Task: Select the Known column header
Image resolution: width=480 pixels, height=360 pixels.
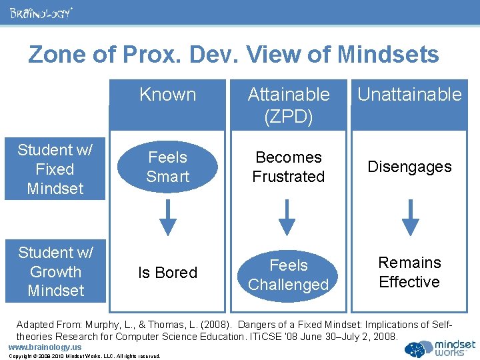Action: tap(167, 95)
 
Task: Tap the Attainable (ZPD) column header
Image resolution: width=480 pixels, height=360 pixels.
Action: tap(289, 105)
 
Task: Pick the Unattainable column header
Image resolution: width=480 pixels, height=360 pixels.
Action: tap(409, 95)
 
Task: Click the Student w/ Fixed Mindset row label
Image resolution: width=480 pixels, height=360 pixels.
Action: tap(55, 169)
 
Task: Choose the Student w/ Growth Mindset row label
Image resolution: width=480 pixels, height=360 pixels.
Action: tap(55, 271)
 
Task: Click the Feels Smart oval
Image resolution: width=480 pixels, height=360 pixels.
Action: tap(167, 167)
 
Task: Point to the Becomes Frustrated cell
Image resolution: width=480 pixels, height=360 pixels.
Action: tap(288, 167)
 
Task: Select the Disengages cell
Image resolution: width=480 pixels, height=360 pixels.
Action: tap(409, 167)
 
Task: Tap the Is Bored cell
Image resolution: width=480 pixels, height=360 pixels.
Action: tap(167, 273)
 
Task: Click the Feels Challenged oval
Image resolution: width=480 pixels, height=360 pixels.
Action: tap(288, 275)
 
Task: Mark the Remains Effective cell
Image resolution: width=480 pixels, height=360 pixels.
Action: tap(409, 272)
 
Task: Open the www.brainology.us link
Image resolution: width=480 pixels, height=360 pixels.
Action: tap(44, 347)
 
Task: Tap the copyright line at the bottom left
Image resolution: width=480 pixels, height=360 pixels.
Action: tap(84, 356)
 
